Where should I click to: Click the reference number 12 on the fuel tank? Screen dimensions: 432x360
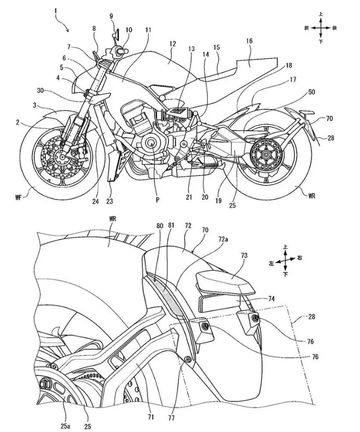point(173,44)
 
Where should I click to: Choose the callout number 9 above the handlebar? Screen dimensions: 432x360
point(112,16)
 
